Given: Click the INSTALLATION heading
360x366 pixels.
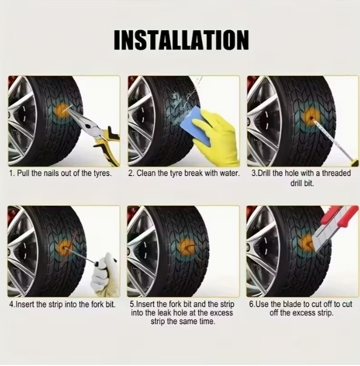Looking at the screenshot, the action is click(x=181, y=40).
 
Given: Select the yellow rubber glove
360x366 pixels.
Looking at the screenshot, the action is click(x=218, y=137).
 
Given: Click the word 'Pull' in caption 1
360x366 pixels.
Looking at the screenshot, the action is click(x=24, y=174).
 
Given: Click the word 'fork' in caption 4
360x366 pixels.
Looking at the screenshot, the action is click(x=95, y=304).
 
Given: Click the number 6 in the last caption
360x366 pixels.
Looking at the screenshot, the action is click(x=251, y=304).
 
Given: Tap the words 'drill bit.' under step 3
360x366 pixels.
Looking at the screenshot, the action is click(x=302, y=183).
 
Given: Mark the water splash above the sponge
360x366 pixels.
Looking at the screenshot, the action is click(x=184, y=103).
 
